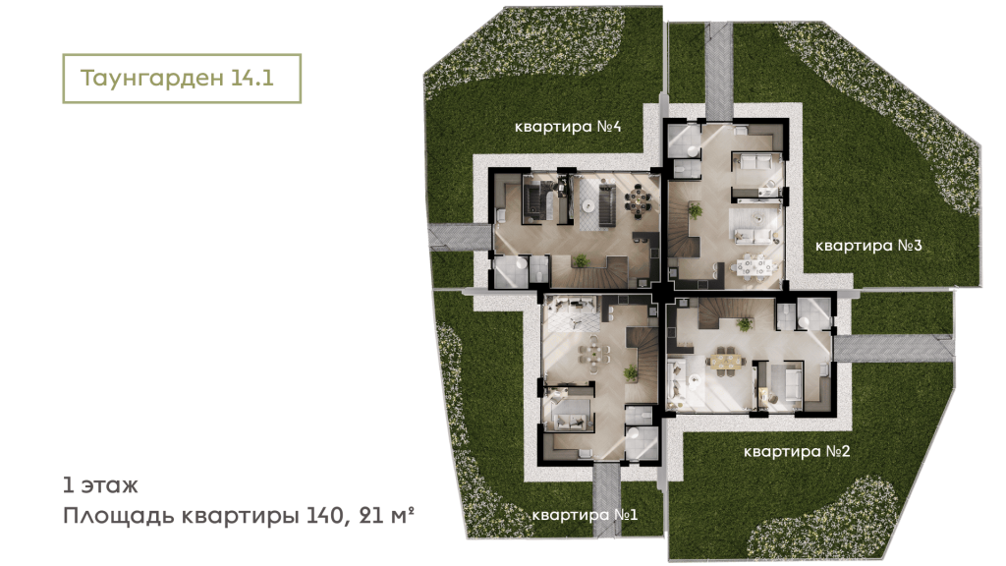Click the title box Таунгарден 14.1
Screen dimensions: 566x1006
181,80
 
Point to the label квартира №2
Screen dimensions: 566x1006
796,452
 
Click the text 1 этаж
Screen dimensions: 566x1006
99,484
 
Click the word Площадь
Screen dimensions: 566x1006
111,514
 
